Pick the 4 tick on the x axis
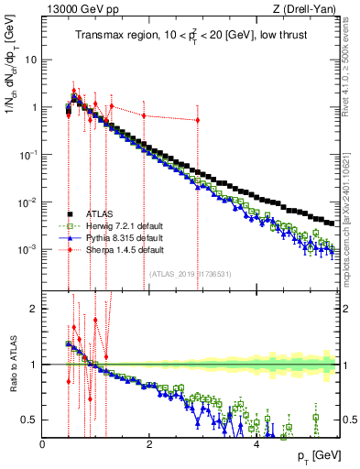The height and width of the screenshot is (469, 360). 256,444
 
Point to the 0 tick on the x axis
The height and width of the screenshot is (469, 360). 43,444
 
